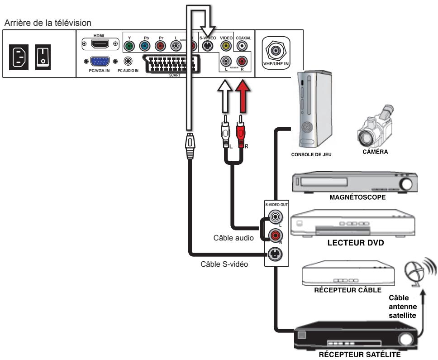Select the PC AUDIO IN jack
point(129,61)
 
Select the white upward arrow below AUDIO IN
point(225,97)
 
